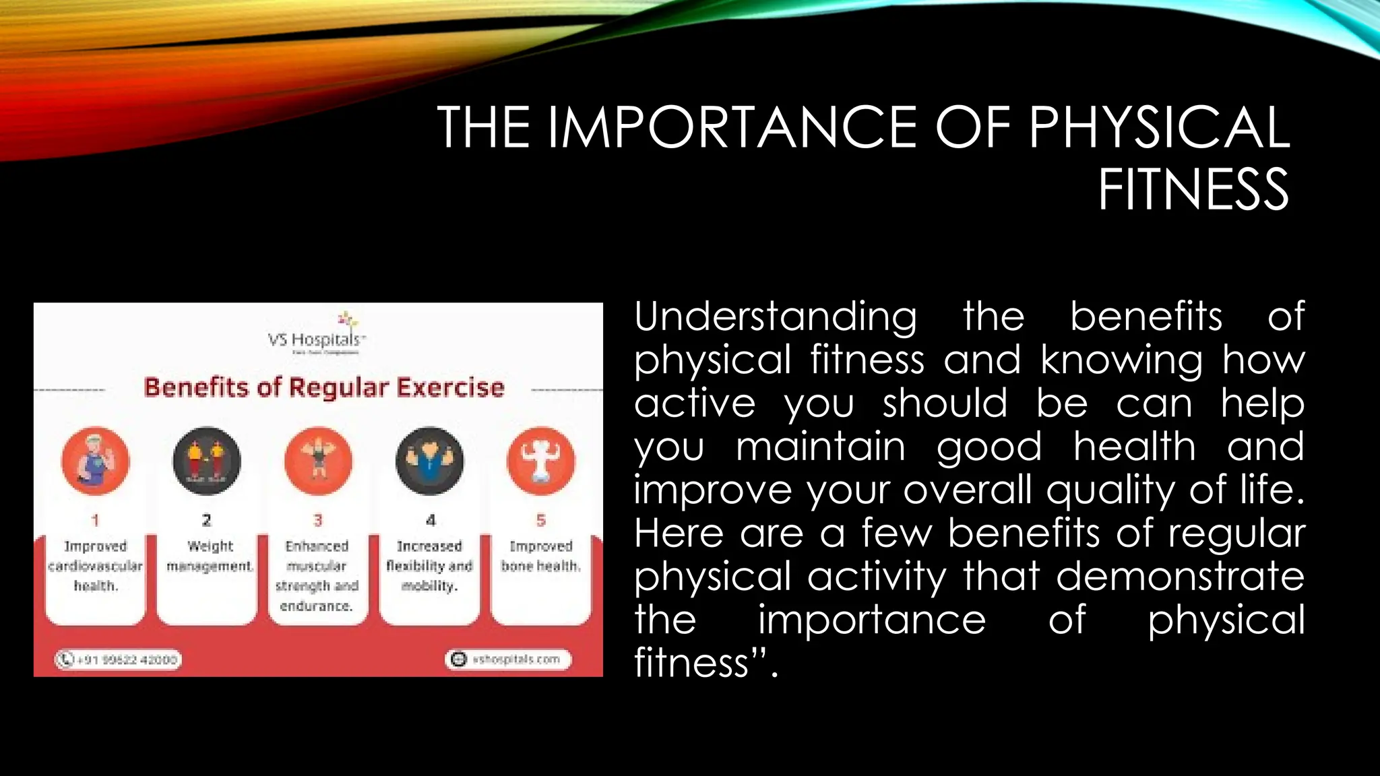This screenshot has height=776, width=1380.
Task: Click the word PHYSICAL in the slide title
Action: pos(1158,127)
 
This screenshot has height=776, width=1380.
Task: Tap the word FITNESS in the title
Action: pos(1193,191)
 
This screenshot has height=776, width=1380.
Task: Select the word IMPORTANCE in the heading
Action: pos(731,127)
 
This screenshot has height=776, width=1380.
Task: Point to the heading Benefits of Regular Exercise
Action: pos(324,388)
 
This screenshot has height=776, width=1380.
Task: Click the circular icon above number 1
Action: pos(95,461)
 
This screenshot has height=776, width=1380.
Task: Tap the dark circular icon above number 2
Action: pos(206,461)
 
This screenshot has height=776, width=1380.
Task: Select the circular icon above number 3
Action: pos(318,461)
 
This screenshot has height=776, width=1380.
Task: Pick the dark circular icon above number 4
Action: pos(430,461)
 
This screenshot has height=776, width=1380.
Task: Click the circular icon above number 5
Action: pos(540,461)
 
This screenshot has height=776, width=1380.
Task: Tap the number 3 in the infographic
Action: pos(318,520)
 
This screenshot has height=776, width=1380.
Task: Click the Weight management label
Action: pos(210,556)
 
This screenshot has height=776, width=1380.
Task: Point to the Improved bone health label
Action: pos(540,556)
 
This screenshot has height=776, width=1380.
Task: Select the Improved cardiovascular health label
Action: pos(95,566)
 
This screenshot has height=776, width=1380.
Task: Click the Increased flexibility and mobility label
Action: pos(429,566)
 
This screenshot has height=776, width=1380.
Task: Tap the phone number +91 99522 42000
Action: pos(119,659)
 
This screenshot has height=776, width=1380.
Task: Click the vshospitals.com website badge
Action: pos(509,659)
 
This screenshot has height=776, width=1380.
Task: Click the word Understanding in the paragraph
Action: pos(776,317)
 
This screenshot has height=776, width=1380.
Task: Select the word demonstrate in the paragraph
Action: pos(1180,577)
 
